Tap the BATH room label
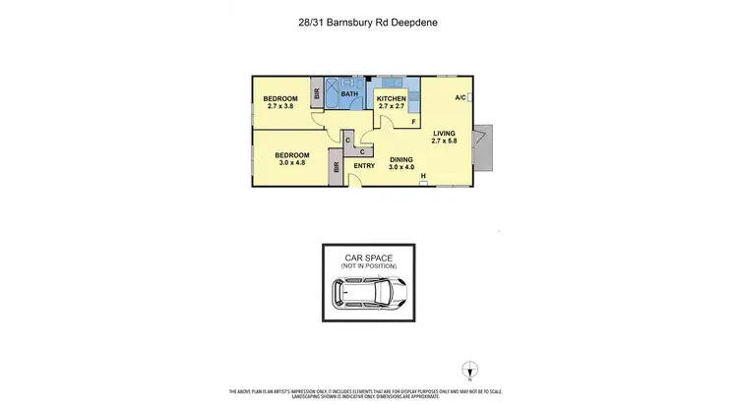click(x=349, y=94)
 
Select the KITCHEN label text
click(x=392, y=99)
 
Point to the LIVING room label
click(x=446, y=132)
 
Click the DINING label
click(x=401, y=159)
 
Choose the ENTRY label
click(x=364, y=166)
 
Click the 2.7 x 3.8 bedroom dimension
click(x=280, y=107)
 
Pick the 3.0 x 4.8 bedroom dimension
click(x=291, y=163)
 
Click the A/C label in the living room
click(x=461, y=97)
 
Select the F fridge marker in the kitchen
click(x=413, y=122)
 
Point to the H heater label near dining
click(x=422, y=178)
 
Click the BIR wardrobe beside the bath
click(x=317, y=96)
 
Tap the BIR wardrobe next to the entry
click(x=337, y=167)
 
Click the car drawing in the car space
click(x=368, y=292)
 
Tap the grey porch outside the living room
click(x=481, y=147)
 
